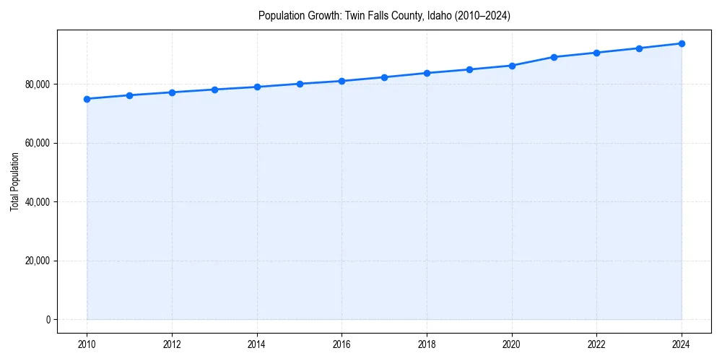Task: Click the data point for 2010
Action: click(87, 99)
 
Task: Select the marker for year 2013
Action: click(214, 90)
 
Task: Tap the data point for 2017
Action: click(384, 77)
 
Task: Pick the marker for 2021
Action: click(554, 57)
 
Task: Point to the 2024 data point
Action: click(682, 43)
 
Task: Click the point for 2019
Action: click(469, 69)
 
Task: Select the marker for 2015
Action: click(300, 84)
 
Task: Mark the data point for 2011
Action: click(129, 95)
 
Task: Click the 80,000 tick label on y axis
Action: click(37, 84)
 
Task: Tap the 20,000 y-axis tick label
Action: click(37, 261)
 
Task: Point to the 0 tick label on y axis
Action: click(48, 320)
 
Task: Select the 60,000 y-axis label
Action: click(37, 143)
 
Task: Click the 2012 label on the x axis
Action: click(172, 344)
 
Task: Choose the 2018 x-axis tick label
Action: click(427, 344)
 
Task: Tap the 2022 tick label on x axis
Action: click(596, 344)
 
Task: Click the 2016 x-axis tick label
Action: click(342, 344)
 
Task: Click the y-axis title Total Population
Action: click(14, 181)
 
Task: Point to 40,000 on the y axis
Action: click(37, 202)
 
